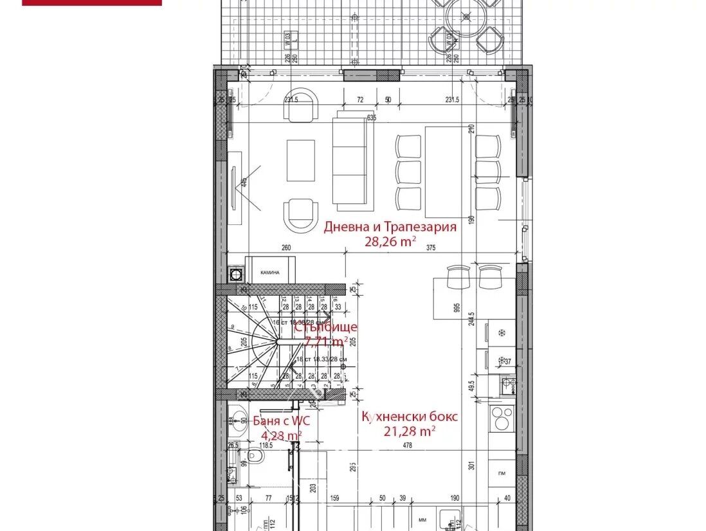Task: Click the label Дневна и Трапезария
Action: point(390,227)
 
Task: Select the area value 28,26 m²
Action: point(390,242)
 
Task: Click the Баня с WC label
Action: point(273,421)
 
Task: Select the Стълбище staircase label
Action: point(325,327)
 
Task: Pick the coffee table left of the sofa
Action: point(300,161)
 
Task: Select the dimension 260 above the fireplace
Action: point(286,249)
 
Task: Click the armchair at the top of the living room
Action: point(301,105)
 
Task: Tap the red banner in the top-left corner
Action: point(92,3)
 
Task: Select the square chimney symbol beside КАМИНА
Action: point(236,274)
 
